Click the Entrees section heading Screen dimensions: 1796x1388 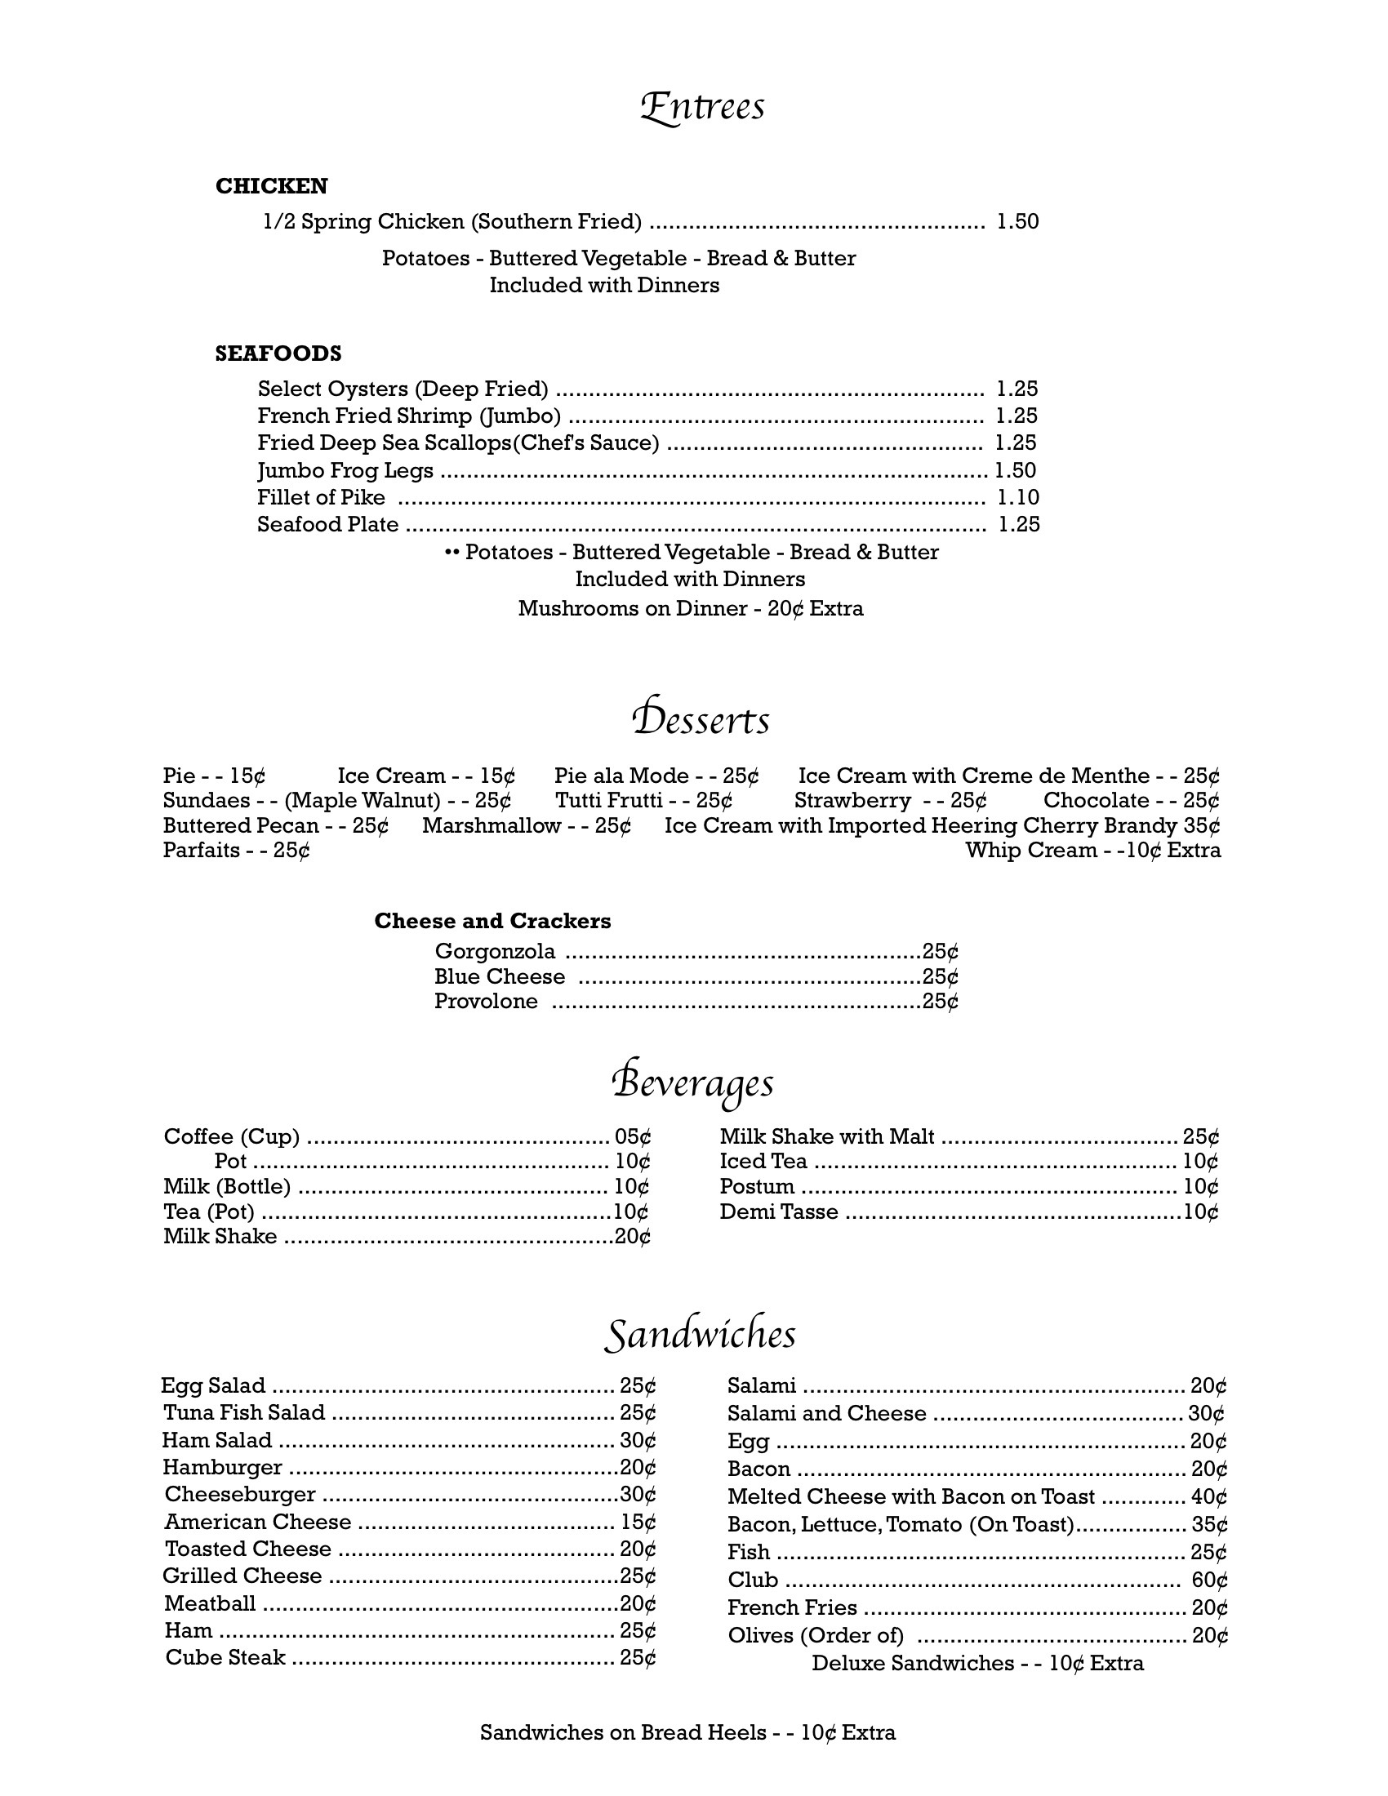point(702,108)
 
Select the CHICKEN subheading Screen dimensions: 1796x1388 point(271,187)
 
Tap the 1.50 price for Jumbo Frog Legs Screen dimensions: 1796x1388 point(1015,470)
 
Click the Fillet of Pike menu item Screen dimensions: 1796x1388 point(321,497)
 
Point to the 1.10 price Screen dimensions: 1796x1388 point(1018,497)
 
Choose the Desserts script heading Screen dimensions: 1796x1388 point(701,719)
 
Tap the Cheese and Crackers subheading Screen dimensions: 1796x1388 point(492,921)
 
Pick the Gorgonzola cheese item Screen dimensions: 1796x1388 point(495,952)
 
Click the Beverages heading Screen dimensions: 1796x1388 point(693,1083)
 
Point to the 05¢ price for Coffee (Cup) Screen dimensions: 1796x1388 point(632,1137)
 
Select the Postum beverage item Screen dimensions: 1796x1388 point(757,1187)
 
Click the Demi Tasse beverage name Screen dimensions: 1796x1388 point(779,1212)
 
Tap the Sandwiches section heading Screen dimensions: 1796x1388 point(700,1335)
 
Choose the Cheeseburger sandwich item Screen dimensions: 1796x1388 point(240,1494)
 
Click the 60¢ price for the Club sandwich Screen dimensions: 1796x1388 point(1208,1580)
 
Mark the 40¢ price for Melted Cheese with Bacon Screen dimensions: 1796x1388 point(1208,1496)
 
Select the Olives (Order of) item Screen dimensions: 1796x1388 point(815,1636)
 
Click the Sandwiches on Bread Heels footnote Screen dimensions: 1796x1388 point(687,1732)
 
